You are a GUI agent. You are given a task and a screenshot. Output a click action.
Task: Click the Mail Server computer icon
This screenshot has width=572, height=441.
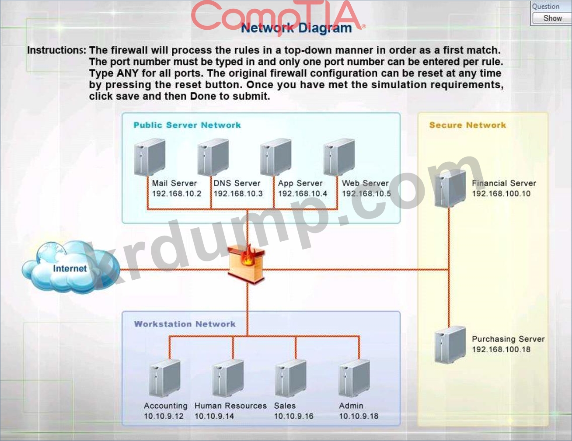click(150, 157)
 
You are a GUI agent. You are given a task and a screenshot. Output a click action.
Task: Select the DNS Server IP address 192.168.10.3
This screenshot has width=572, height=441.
click(238, 194)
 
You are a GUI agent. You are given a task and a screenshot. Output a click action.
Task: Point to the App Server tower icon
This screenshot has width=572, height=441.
click(276, 157)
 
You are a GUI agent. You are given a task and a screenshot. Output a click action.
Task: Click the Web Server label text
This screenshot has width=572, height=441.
click(365, 183)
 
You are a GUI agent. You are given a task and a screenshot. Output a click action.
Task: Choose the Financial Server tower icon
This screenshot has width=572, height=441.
click(450, 188)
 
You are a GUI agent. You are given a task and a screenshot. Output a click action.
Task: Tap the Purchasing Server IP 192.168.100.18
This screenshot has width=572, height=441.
click(501, 349)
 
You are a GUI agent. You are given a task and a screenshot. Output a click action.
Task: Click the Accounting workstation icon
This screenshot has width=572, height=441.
click(164, 378)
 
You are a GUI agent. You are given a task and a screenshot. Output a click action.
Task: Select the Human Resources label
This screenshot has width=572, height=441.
click(230, 406)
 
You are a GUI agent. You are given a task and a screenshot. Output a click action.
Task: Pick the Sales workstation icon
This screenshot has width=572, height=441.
click(291, 378)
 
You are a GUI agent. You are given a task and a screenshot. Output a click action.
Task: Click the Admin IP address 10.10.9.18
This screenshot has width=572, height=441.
click(359, 416)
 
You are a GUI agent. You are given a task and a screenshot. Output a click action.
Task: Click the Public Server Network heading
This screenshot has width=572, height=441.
click(187, 125)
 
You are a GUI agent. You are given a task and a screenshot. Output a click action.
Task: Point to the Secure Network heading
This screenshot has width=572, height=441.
click(467, 125)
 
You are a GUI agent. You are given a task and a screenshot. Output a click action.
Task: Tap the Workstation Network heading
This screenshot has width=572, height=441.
click(185, 324)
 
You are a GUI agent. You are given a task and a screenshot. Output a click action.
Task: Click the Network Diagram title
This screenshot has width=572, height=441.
click(296, 28)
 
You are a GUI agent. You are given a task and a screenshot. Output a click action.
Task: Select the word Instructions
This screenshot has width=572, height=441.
click(56, 50)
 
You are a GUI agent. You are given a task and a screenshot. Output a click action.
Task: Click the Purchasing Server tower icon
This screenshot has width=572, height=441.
click(450, 344)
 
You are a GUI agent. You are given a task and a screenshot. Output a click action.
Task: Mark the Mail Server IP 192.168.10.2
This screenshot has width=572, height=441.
click(177, 194)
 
